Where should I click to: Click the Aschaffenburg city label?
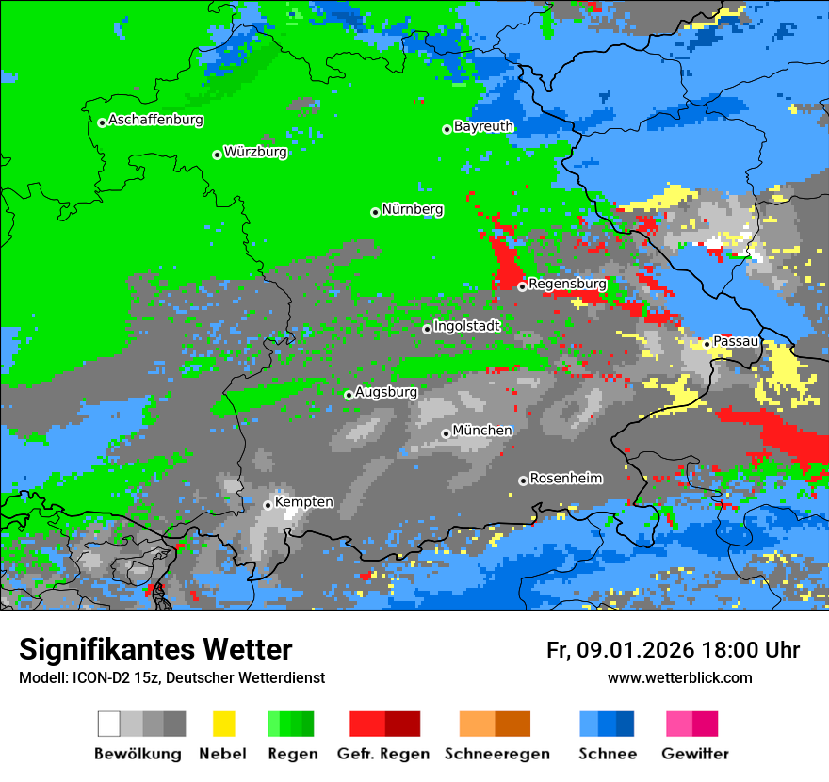155,121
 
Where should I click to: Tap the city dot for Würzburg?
217,155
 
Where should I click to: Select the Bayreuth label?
483,126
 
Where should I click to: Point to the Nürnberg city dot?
375,212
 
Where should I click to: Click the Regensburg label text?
567,284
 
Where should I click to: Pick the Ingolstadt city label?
466,326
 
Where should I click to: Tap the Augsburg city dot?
349,395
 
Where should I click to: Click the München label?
482,431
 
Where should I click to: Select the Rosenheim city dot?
523,481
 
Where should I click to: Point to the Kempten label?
303,502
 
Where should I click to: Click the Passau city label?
736,341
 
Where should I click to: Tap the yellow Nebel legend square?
223,724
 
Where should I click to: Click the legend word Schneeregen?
497,754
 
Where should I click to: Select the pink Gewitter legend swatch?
678,724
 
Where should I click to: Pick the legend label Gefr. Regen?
382,754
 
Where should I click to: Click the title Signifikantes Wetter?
155,649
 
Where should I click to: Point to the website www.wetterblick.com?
679,678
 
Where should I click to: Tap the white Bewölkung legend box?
109,724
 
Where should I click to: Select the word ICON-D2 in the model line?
95,678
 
